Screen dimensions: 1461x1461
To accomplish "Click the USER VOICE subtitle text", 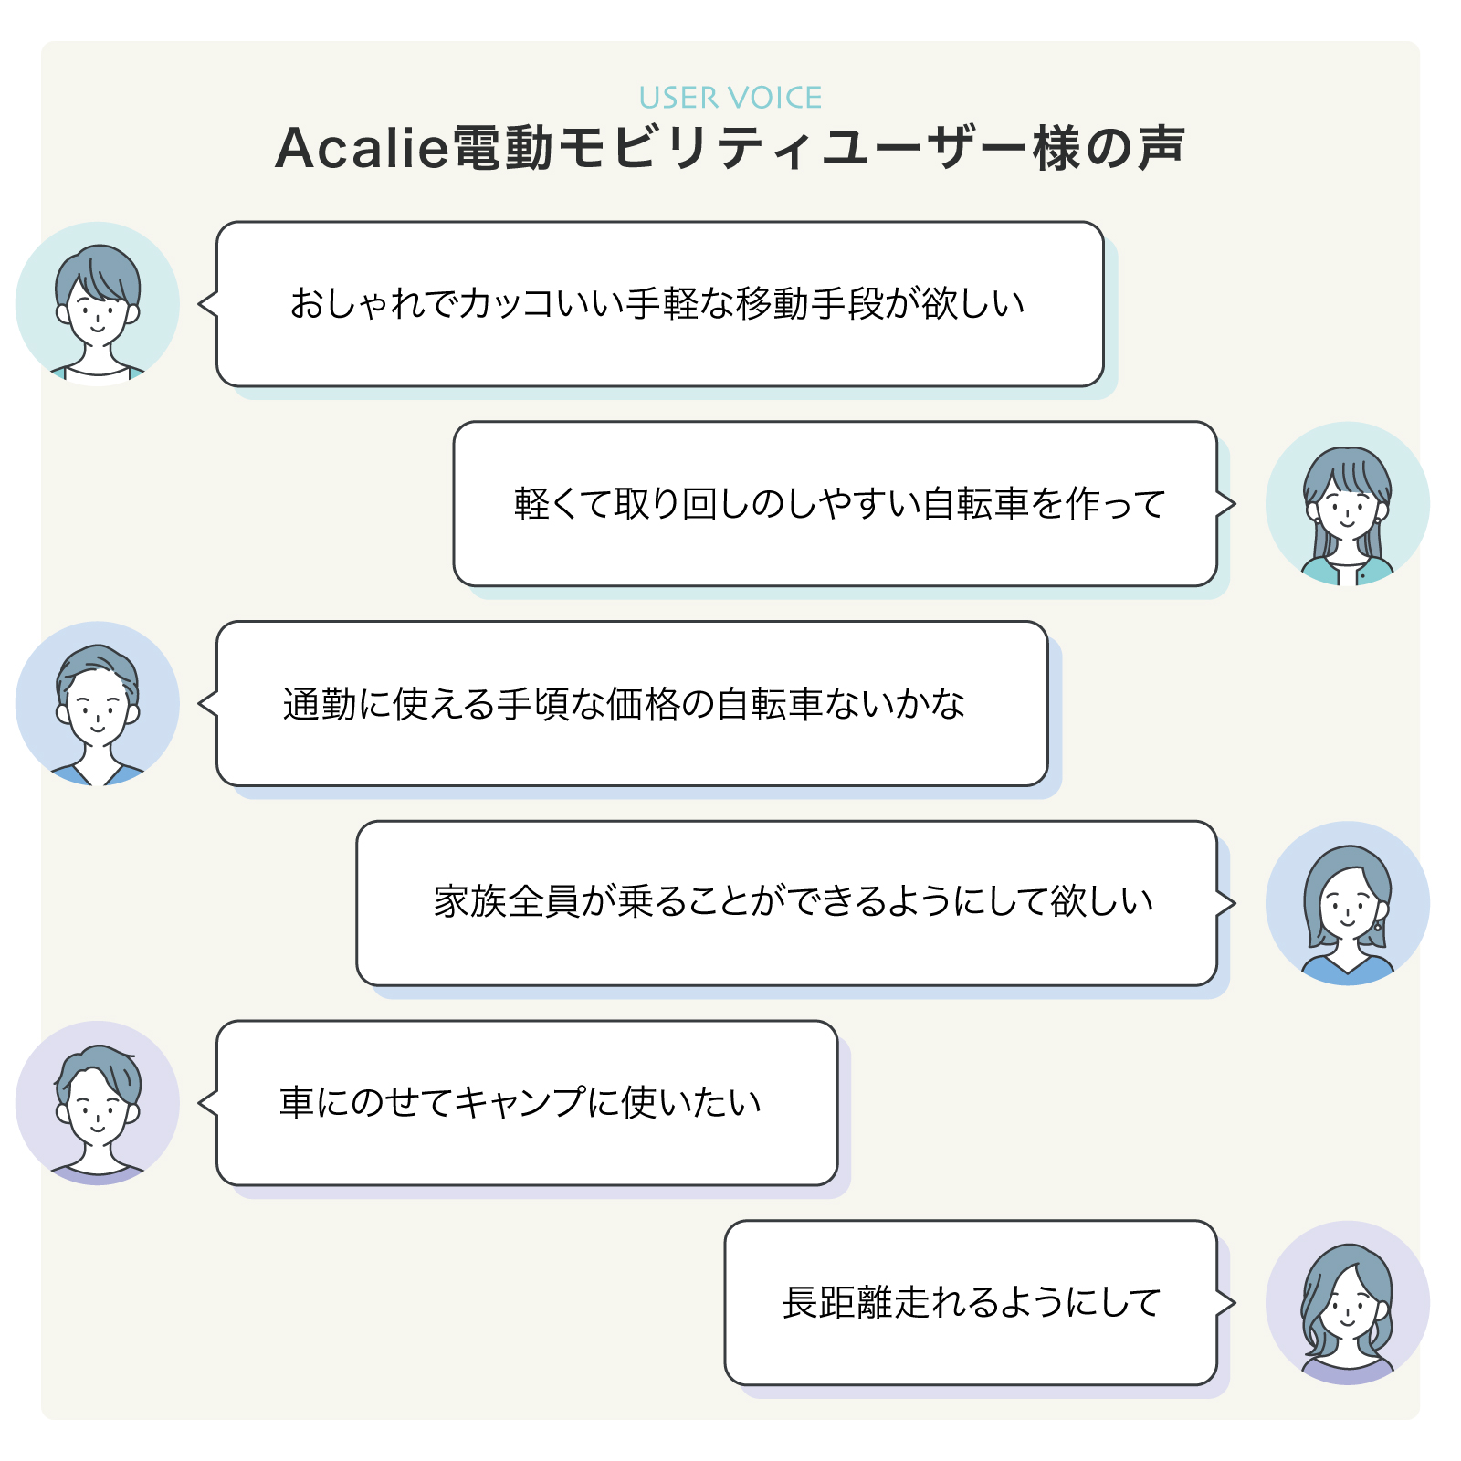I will [x=730, y=98].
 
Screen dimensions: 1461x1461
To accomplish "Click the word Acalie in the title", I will [x=362, y=148].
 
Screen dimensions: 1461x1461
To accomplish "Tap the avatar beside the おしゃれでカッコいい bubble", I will [x=98, y=304].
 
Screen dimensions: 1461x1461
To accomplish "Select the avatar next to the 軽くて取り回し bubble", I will [x=1347, y=504].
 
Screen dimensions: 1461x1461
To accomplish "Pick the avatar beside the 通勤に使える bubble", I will [x=98, y=703].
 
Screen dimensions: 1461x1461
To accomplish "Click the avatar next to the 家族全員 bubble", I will [x=1347, y=903].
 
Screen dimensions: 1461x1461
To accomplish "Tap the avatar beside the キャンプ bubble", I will [x=98, y=1103].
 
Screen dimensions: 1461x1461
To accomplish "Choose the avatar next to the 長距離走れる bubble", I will [x=1347, y=1303].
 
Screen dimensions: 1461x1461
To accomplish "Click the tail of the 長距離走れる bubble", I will [x=1225, y=1303].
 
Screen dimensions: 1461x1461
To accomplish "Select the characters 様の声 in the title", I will [x=1109, y=148].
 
